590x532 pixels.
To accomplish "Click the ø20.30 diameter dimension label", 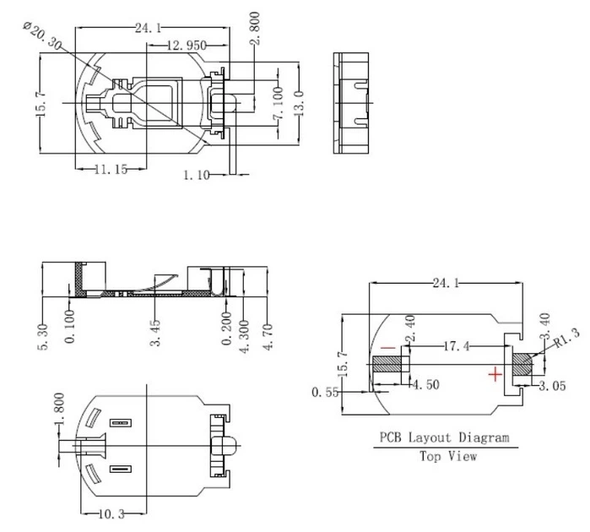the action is (41, 35).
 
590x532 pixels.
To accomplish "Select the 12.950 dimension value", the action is (187, 46).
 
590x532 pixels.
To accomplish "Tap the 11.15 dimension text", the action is (111, 170).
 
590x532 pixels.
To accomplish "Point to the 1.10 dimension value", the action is (197, 175).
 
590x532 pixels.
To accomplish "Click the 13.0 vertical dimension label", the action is (299, 103).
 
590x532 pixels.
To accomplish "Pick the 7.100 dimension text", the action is (278, 103).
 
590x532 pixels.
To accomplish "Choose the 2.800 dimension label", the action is (255, 28).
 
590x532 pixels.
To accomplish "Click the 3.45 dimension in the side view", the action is (155, 333).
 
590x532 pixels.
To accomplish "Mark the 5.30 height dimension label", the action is (42, 337).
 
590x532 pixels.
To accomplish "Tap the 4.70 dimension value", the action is (268, 337).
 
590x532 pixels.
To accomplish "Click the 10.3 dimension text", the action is (111, 514).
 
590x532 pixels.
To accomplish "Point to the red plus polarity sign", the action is (495, 374).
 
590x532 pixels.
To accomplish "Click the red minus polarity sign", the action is (388, 348).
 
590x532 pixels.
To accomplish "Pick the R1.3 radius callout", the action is (566, 338).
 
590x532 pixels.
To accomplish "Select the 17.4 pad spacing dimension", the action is (457, 345).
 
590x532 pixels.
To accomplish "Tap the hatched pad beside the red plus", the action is (523, 364).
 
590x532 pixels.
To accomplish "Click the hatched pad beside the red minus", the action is (387, 364).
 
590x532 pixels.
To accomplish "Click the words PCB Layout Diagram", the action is (444, 438).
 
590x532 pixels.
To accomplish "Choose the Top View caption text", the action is (448, 456).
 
